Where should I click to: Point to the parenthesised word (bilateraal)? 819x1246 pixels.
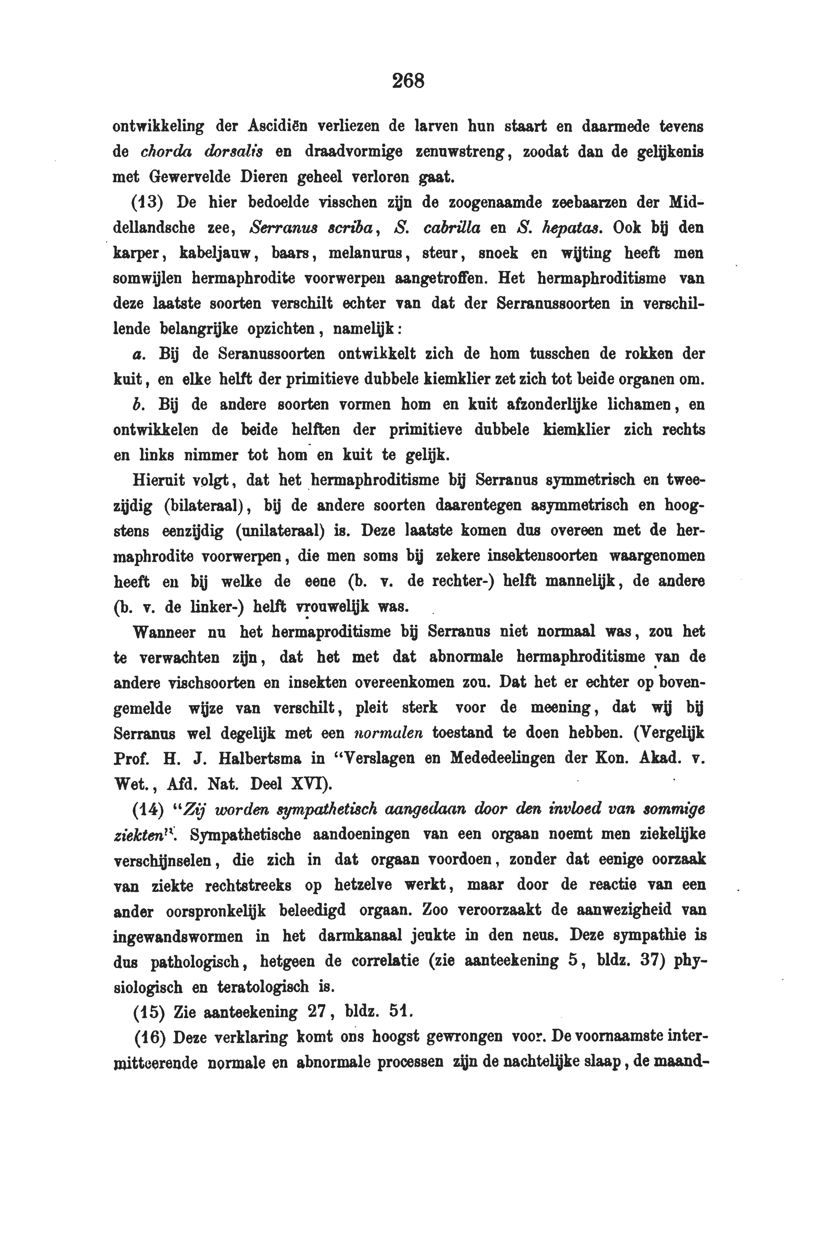click(x=205, y=506)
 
